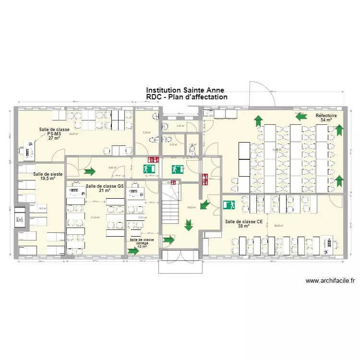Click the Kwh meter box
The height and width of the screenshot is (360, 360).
pos(20,220)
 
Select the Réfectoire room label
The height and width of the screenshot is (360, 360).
pos(326,118)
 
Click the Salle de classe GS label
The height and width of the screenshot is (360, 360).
pos(105,187)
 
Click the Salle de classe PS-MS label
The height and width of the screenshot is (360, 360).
pos(54,133)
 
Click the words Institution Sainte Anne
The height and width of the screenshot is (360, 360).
pos(185,90)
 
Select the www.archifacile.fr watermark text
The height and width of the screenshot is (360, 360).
pos(329,281)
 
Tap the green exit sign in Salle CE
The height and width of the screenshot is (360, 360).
pos(228,204)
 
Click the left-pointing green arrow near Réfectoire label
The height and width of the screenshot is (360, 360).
pos(301,116)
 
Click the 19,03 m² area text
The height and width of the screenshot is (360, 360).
pos(191,207)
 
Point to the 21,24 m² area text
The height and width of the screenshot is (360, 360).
pos(95,217)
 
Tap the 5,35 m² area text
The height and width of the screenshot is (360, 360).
pos(146,133)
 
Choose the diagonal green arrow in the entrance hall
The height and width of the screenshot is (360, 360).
pos(204,205)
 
